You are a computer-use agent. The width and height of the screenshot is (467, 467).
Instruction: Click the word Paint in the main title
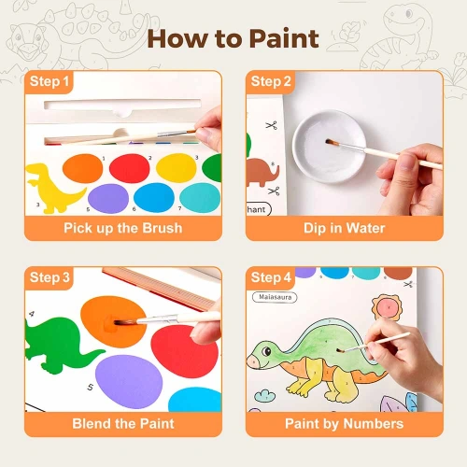(x=284, y=38)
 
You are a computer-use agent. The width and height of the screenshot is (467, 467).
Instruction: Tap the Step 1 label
(x=50, y=81)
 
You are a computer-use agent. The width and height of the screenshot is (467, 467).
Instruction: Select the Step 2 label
(x=271, y=81)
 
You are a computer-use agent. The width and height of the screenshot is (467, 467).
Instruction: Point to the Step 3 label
(x=50, y=277)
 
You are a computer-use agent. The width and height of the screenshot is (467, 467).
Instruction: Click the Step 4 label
(x=271, y=277)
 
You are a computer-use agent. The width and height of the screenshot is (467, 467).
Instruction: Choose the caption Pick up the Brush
(x=123, y=228)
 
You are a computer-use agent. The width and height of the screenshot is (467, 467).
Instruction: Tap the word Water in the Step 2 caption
(x=365, y=228)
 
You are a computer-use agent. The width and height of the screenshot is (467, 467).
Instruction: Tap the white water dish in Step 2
(x=330, y=147)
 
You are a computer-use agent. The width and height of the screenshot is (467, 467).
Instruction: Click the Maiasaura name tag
(x=275, y=297)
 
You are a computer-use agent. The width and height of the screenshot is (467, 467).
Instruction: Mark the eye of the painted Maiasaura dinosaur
(x=266, y=351)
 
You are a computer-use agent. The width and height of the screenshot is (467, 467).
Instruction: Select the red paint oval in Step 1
(x=130, y=168)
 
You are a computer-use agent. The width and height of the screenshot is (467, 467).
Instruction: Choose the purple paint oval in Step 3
(x=129, y=382)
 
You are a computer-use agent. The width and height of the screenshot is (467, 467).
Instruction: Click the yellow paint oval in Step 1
(x=177, y=168)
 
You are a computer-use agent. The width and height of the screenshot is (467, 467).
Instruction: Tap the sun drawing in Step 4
(x=387, y=307)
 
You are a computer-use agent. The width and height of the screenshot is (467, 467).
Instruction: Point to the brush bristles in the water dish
(x=333, y=143)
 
